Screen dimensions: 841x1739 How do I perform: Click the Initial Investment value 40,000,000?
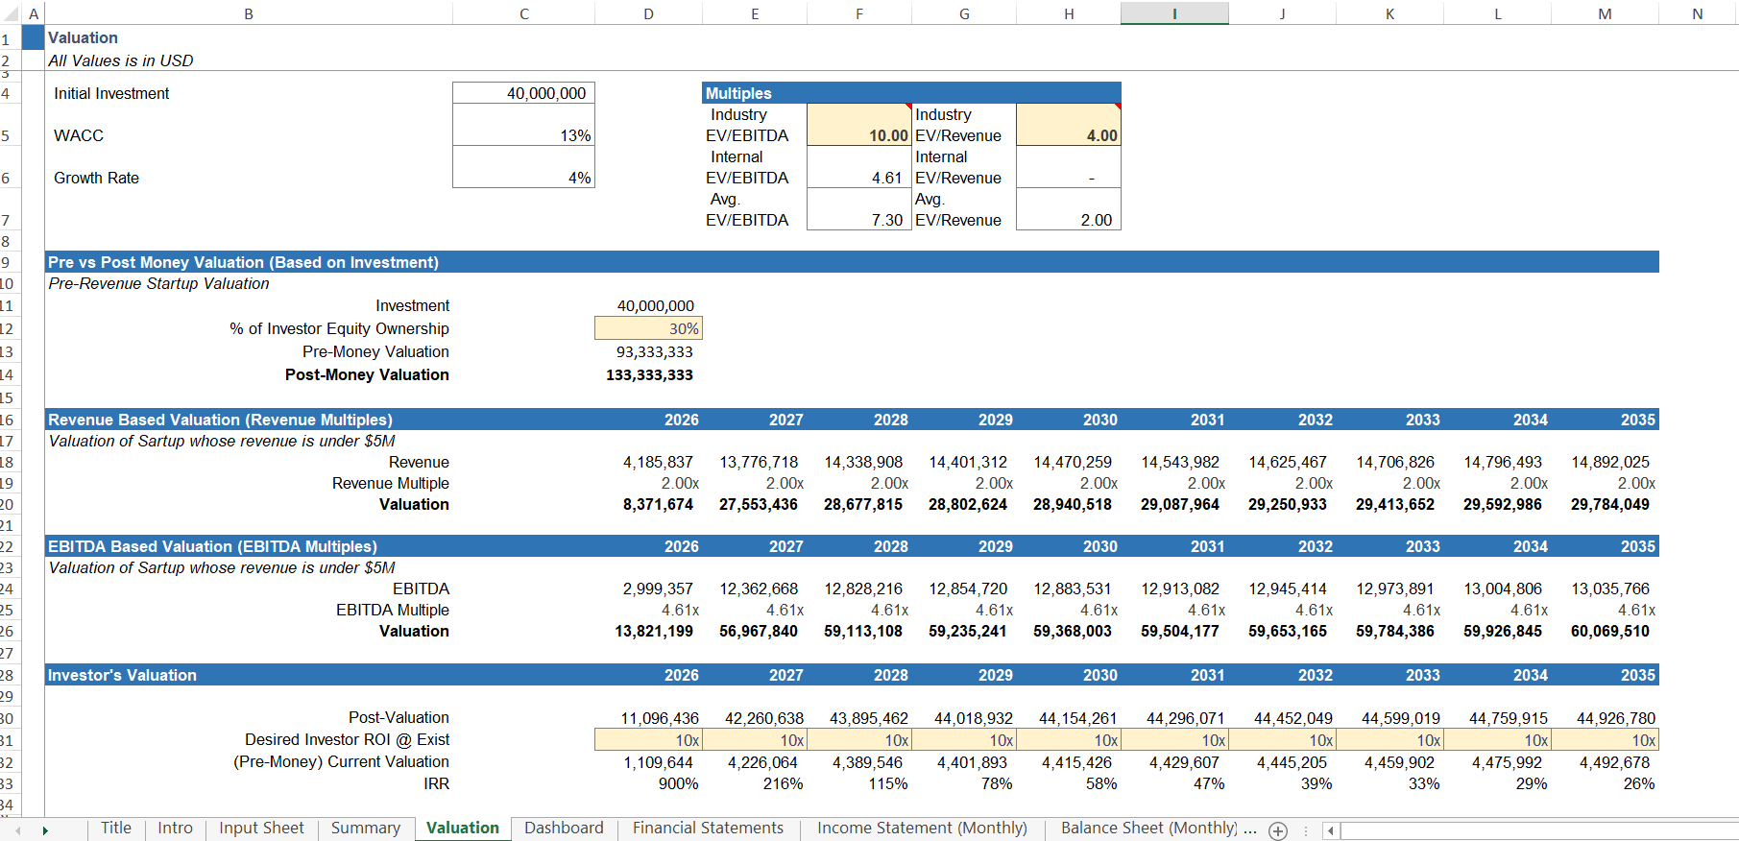point(545,93)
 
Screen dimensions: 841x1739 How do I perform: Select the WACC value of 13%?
point(575,135)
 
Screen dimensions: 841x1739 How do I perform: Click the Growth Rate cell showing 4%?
point(579,178)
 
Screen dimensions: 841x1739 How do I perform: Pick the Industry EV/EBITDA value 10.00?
point(887,135)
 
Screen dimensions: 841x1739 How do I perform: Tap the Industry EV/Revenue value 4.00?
point(1101,135)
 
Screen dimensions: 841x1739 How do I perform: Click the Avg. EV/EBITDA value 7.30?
point(886,220)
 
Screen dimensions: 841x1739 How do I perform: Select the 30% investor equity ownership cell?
point(683,328)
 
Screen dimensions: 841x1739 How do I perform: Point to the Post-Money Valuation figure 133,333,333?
point(649,374)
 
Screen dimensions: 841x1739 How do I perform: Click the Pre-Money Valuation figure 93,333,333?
point(654,351)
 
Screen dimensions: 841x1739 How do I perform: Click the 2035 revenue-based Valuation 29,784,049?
point(1609,504)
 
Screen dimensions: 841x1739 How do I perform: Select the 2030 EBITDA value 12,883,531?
point(1072,589)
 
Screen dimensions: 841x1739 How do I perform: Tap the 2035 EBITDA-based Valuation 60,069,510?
point(1609,631)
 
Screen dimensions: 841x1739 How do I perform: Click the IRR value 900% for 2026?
point(678,783)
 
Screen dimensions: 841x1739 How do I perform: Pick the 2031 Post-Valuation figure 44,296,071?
point(1185,718)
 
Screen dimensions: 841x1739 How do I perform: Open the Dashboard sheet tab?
point(564,828)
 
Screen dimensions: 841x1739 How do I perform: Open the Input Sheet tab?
point(261,828)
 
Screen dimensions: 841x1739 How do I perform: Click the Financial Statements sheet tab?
point(708,828)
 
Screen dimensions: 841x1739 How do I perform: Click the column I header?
point(1174,13)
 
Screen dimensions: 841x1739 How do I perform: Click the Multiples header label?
point(738,93)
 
